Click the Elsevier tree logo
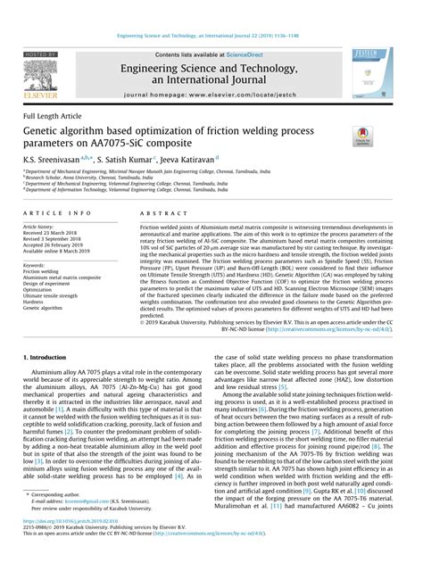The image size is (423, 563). (x=38, y=70)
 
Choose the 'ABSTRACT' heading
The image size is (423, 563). (x=161, y=214)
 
